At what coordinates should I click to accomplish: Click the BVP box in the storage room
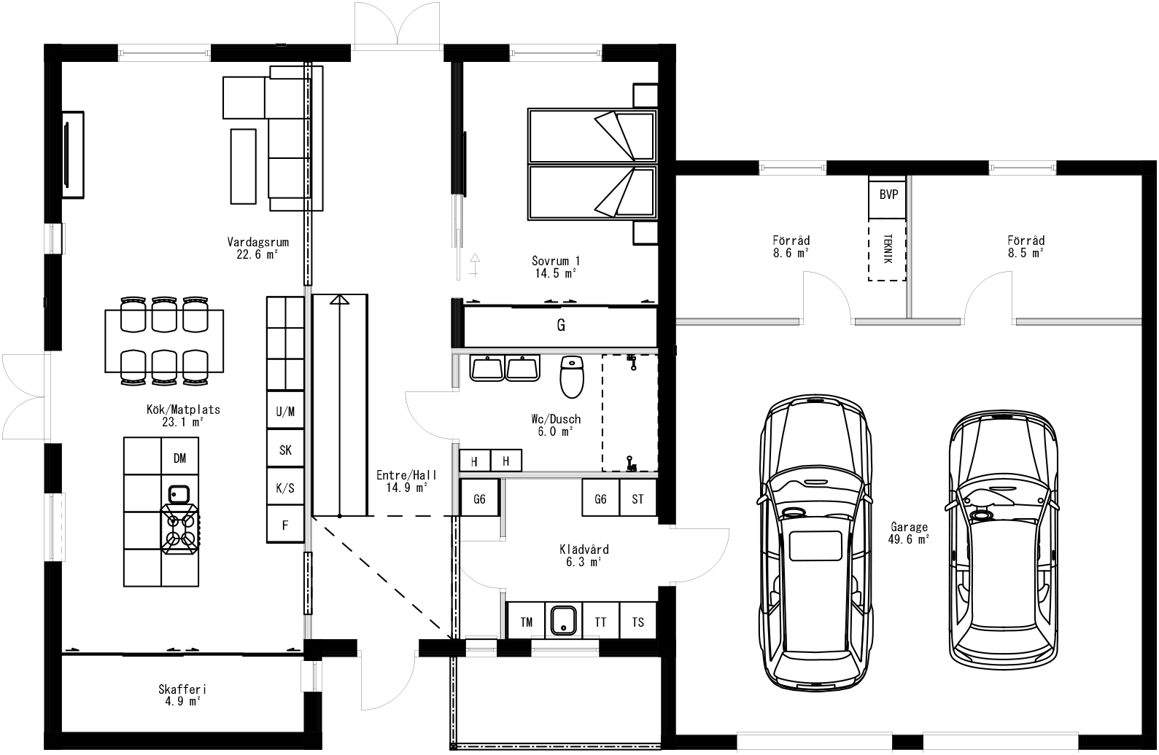(888, 195)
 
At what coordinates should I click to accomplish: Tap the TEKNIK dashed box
(887, 250)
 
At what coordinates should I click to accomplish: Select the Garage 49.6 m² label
(908, 533)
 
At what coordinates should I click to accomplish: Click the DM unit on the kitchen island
(179, 458)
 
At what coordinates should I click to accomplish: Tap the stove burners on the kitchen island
(180, 530)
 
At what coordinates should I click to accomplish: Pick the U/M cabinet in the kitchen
(285, 412)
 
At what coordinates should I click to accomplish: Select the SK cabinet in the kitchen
(285, 450)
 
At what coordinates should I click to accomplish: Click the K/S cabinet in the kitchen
(285, 488)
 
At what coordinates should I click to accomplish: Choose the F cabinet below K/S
(285, 525)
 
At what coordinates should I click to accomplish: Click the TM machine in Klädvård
(526, 622)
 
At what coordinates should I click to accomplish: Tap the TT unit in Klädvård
(600, 622)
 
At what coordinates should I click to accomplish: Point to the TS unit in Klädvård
(638, 622)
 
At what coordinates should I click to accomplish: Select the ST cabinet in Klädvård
(638, 499)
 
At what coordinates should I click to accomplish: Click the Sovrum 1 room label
(556, 267)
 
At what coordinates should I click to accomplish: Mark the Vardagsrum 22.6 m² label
(257, 249)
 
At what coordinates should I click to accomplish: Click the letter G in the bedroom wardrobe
(561, 326)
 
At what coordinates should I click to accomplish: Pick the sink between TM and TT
(562, 620)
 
